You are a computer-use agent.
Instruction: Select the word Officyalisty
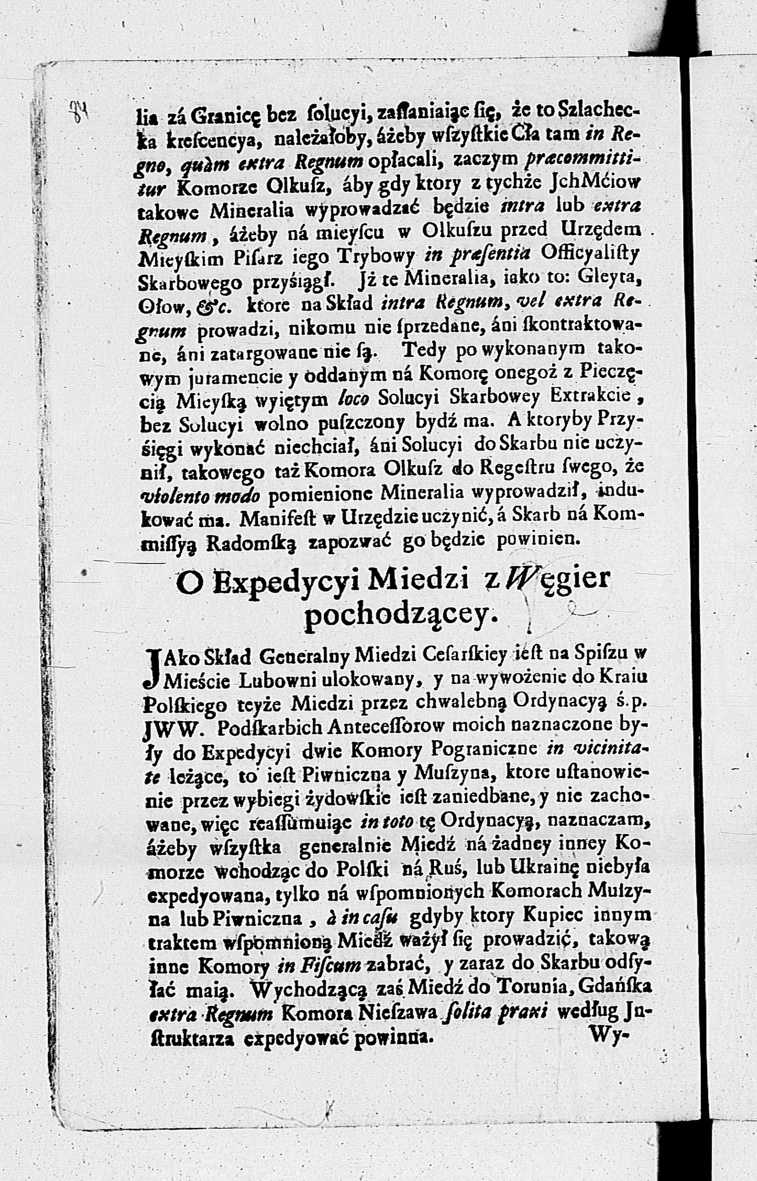tap(589, 253)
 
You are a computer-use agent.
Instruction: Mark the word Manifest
tap(279, 517)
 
